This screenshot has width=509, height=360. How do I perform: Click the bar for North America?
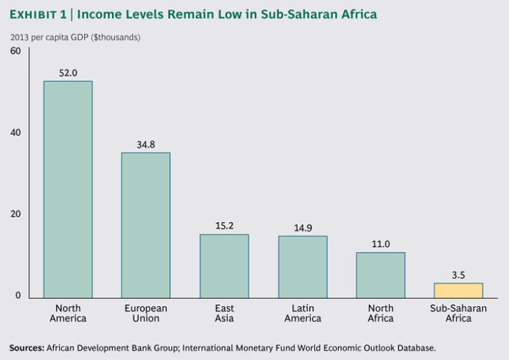pyautogui.click(x=68, y=189)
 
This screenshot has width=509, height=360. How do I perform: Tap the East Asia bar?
pyautogui.click(x=224, y=265)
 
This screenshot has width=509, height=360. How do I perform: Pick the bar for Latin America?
pyautogui.click(x=302, y=266)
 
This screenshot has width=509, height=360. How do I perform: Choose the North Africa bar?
pyautogui.click(x=380, y=274)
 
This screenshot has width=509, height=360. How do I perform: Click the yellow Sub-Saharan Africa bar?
pyautogui.click(x=458, y=290)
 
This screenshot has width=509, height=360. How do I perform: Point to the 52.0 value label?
pyautogui.click(x=68, y=73)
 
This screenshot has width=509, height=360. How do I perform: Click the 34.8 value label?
pyautogui.click(x=145, y=144)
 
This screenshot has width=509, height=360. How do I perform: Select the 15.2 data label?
pyautogui.click(x=224, y=225)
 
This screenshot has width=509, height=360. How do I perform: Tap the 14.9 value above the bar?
pyautogui.click(x=302, y=227)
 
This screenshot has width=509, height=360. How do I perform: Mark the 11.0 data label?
pyautogui.click(x=380, y=243)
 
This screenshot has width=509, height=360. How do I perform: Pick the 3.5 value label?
pyautogui.click(x=458, y=274)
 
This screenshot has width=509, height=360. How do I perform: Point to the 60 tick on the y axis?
pyautogui.click(x=15, y=51)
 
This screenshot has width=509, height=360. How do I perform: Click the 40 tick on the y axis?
pyautogui.click(x=15, y=133)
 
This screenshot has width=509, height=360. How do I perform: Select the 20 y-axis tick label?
pyautogui.click(x=15, y=214)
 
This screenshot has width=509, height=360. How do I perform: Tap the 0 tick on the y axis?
pyautogui.click(x=19, y=296)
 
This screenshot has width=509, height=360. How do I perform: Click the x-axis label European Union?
pyautogui.click(x=145, y=314)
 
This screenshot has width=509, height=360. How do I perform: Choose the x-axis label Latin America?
pyautogui.click(x=302, y=314)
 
